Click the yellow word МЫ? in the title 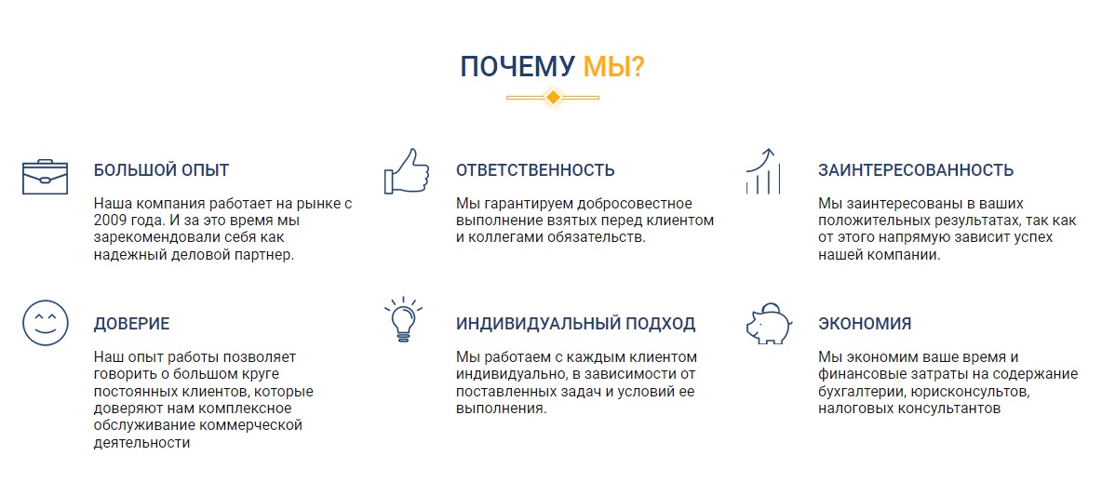[613, 67]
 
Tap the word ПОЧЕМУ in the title [517, 67]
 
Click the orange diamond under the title [553, 97]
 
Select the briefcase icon [45, 176]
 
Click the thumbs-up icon [407, 170]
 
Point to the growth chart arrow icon [762, 170]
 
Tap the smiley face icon [46, 323]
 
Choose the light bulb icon [403, 320]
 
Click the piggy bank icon [768, 323]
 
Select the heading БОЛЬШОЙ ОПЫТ [162, 170]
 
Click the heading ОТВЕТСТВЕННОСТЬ [535, 170]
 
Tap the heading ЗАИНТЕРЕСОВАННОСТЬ [916, 170]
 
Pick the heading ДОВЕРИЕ [131, 324]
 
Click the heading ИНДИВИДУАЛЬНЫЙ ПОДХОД [575, 324]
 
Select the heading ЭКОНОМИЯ [865, 324]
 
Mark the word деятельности [142, 443]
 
